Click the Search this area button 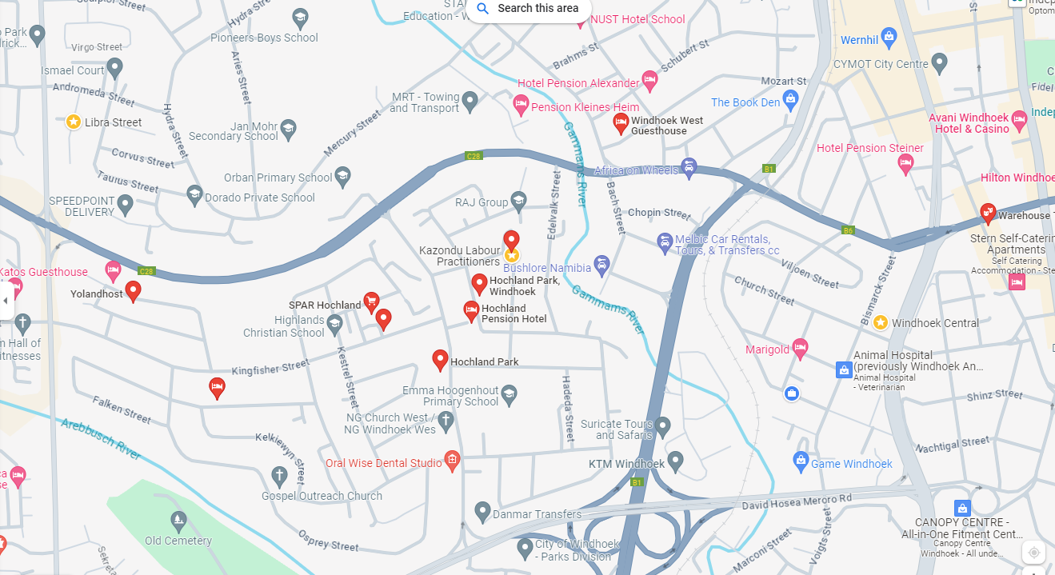[528, 9]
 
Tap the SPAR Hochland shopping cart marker [371, 301]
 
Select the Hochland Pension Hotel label [514, 313]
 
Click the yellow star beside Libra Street [74, 122]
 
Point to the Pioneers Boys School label [264, 38]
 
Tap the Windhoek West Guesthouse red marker [621, 123]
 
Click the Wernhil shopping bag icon [889, 37]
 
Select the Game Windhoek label [851, 464]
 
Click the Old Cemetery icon [178, 521]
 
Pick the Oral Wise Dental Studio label [383, 463]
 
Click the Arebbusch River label [101, 439]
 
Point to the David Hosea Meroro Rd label [797, 501]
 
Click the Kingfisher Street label [270, 368]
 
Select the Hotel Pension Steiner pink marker [905, 164]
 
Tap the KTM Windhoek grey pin [676, 461]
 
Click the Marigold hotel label [767, 349]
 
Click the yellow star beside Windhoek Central [881, 322]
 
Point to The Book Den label [745, 102]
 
